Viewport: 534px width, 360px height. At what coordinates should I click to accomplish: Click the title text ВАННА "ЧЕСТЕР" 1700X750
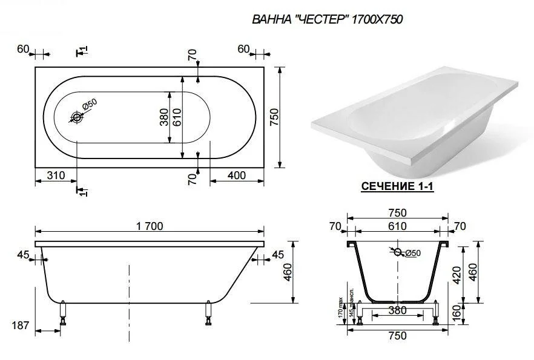click(x=327, y=19)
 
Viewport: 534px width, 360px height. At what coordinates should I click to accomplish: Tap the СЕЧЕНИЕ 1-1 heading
click(x=397, y=187)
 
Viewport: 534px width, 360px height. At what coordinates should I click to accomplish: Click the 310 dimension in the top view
click(x=56, y=175)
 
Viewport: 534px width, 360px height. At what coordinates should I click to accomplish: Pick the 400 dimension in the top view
click(x=237, y=175)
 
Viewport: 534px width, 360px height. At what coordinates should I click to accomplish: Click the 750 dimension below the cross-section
click(x=397, y=336)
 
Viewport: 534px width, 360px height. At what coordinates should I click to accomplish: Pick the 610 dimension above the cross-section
click(x=397, y=226)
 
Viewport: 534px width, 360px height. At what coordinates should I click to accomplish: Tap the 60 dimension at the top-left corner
click(x=23, y=49)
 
